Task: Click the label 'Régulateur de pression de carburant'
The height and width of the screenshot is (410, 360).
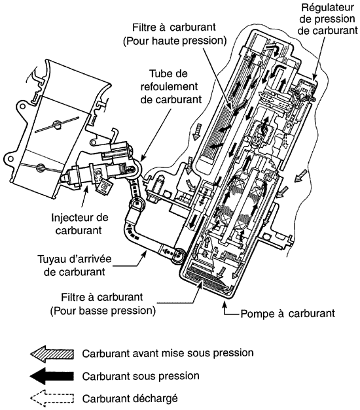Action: [327, 19]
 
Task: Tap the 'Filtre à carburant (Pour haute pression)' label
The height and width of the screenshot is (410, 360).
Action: [174, 34]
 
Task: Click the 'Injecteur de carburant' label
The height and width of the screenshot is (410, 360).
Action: [79, 224]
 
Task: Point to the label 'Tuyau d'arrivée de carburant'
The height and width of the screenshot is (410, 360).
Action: [75, 265]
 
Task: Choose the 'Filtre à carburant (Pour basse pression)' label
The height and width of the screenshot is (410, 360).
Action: [103, 304]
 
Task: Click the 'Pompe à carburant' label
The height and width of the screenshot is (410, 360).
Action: [287, 313]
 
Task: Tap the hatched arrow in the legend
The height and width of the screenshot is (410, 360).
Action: [52, 354]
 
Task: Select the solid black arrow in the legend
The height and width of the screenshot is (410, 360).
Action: [52, 376]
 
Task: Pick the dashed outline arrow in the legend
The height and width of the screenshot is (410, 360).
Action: [52, 398]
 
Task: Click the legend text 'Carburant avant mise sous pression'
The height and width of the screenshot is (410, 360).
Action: [168, 353]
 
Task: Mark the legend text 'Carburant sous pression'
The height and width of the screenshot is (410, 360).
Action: [141, 376]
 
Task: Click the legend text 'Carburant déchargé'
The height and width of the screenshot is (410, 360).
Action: [130, 398]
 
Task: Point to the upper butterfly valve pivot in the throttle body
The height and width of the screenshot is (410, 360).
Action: [56, 124]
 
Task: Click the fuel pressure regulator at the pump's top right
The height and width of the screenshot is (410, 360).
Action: [304, 90]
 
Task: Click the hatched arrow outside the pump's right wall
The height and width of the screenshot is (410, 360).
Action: [300, 175]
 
